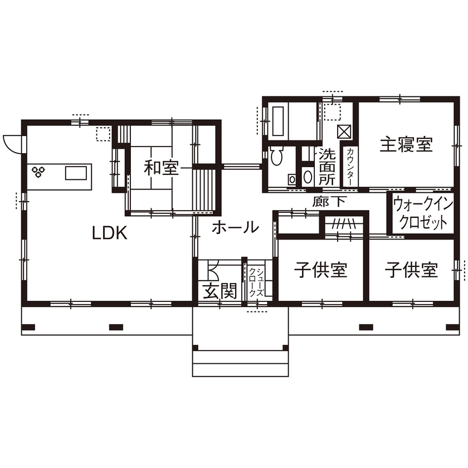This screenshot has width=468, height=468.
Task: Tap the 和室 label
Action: point(162,167)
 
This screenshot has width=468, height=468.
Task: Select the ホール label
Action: point(236,227)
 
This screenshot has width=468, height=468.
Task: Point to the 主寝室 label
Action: point(406,145)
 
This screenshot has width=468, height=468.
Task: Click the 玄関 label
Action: point(220,290)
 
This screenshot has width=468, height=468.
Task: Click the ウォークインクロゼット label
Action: point(420,213)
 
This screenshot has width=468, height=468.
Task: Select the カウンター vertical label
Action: point(350,165)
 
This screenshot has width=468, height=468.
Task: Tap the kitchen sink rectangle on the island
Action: point(76,173)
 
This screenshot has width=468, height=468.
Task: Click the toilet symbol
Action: point(277,157)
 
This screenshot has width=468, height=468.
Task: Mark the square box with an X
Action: point(345,132)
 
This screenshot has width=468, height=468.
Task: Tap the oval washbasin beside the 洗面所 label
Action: point(308,177)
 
